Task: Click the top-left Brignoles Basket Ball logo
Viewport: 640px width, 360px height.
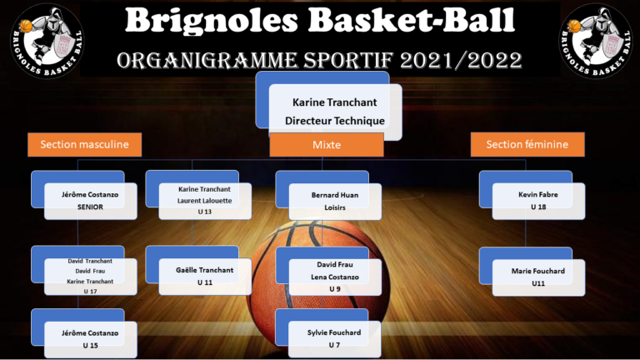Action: click(47, 40)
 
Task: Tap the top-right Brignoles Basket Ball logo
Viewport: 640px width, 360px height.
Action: click(596, 40)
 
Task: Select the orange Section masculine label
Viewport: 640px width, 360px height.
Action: click(84, 144)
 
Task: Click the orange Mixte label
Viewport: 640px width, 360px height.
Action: click(327, 145)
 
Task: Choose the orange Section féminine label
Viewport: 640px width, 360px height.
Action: click(527, 144)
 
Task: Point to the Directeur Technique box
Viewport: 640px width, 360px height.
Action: click(335, 112)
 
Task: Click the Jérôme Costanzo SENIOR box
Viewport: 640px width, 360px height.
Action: click(90, 201)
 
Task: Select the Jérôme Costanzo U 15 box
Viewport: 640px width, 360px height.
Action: click(90, 340)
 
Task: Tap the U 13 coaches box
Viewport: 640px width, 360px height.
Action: click(205, 201)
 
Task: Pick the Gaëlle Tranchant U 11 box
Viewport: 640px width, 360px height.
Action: click(205, 277)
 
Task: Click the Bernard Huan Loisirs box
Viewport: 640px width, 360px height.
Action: click(335, 202)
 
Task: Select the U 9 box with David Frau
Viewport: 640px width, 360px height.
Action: click(335, 277)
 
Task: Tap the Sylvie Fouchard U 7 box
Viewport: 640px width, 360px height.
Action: click(334, 339)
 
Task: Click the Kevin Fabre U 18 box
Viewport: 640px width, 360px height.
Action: click(538, 201)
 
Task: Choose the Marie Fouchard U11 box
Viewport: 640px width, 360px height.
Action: click(538, 277)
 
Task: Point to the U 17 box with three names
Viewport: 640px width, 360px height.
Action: click(90, 277)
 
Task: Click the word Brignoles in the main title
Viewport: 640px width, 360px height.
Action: click(212, 20)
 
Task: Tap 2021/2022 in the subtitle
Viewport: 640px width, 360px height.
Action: click(461, 61)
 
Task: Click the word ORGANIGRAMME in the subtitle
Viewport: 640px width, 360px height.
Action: click(207, 61)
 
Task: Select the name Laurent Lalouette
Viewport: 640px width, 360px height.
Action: click(204, 201)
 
